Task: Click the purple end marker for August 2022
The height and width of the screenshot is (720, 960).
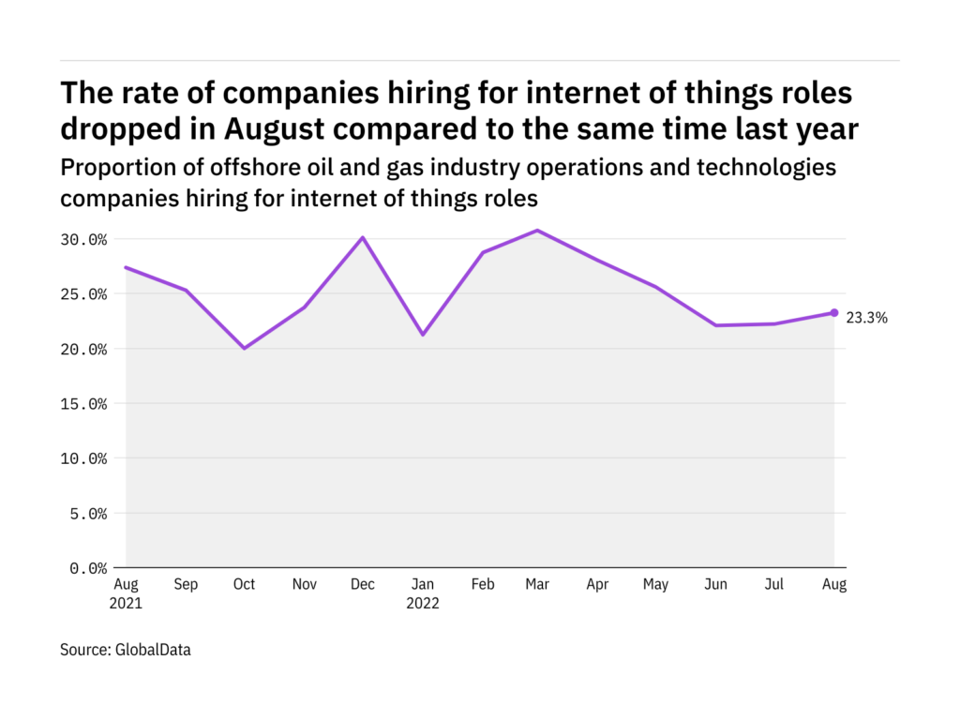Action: click(x=834, y=313)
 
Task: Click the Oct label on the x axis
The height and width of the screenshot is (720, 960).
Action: click(x=244, y=585)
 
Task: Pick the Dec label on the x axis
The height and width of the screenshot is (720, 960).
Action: click(x=363, y=585)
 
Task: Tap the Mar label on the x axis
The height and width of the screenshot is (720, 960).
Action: click(x=537, y=585)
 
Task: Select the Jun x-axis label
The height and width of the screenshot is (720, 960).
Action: click(x=715, y=585)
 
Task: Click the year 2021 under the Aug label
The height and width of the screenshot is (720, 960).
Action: click(x=126, y=604)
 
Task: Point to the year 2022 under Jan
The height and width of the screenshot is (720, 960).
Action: click(x=422, y=604)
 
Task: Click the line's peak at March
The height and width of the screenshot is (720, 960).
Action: click(x=537, y=230)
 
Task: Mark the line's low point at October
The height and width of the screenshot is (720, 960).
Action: click(x=244, y=348)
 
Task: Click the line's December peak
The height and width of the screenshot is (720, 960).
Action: click(x=363, y=237)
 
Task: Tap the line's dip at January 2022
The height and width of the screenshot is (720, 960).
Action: click(x=422, y=334)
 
